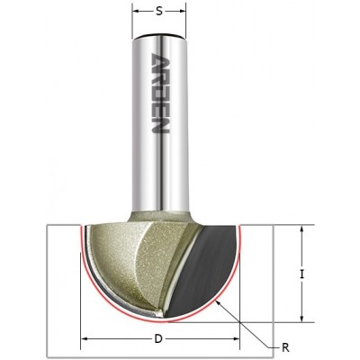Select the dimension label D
click(158, 338)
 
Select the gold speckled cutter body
click(135, 261)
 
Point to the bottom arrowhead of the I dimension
click(301, 319)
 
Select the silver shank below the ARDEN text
click(160, 180)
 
